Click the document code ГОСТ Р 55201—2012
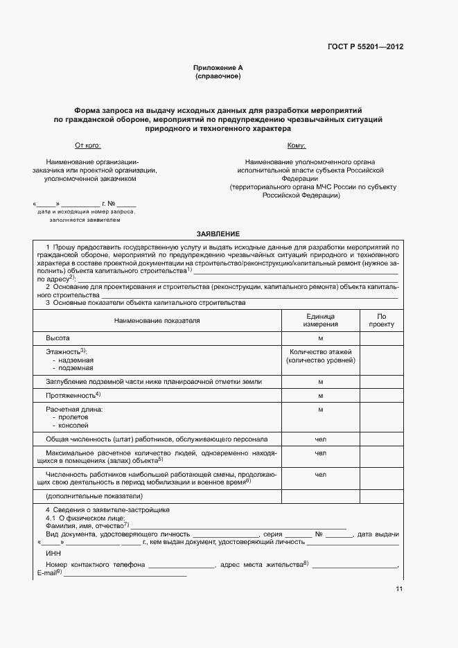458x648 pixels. tap(365, 47)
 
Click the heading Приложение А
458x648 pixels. tap(218, 68)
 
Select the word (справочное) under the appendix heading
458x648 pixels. tap(218, 76)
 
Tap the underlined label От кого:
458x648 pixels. tap(87, 146)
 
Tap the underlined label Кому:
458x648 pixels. tap(297, 146)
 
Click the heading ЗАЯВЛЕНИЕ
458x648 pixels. tap(218, 234)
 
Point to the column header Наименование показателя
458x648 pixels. tap(157, 321)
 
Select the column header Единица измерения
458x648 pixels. tap(321, 320)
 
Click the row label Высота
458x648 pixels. tap(58, 338)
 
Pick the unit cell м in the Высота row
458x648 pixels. tap(321, 338)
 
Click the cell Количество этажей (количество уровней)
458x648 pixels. tap(321, 357)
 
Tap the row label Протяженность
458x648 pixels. tap(71, 395)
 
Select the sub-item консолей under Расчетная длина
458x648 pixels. tap(73, 426)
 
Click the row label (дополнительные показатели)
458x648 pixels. tap(94, 496)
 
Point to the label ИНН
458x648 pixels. tap(53, 554)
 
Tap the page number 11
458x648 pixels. tap(398, 589)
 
